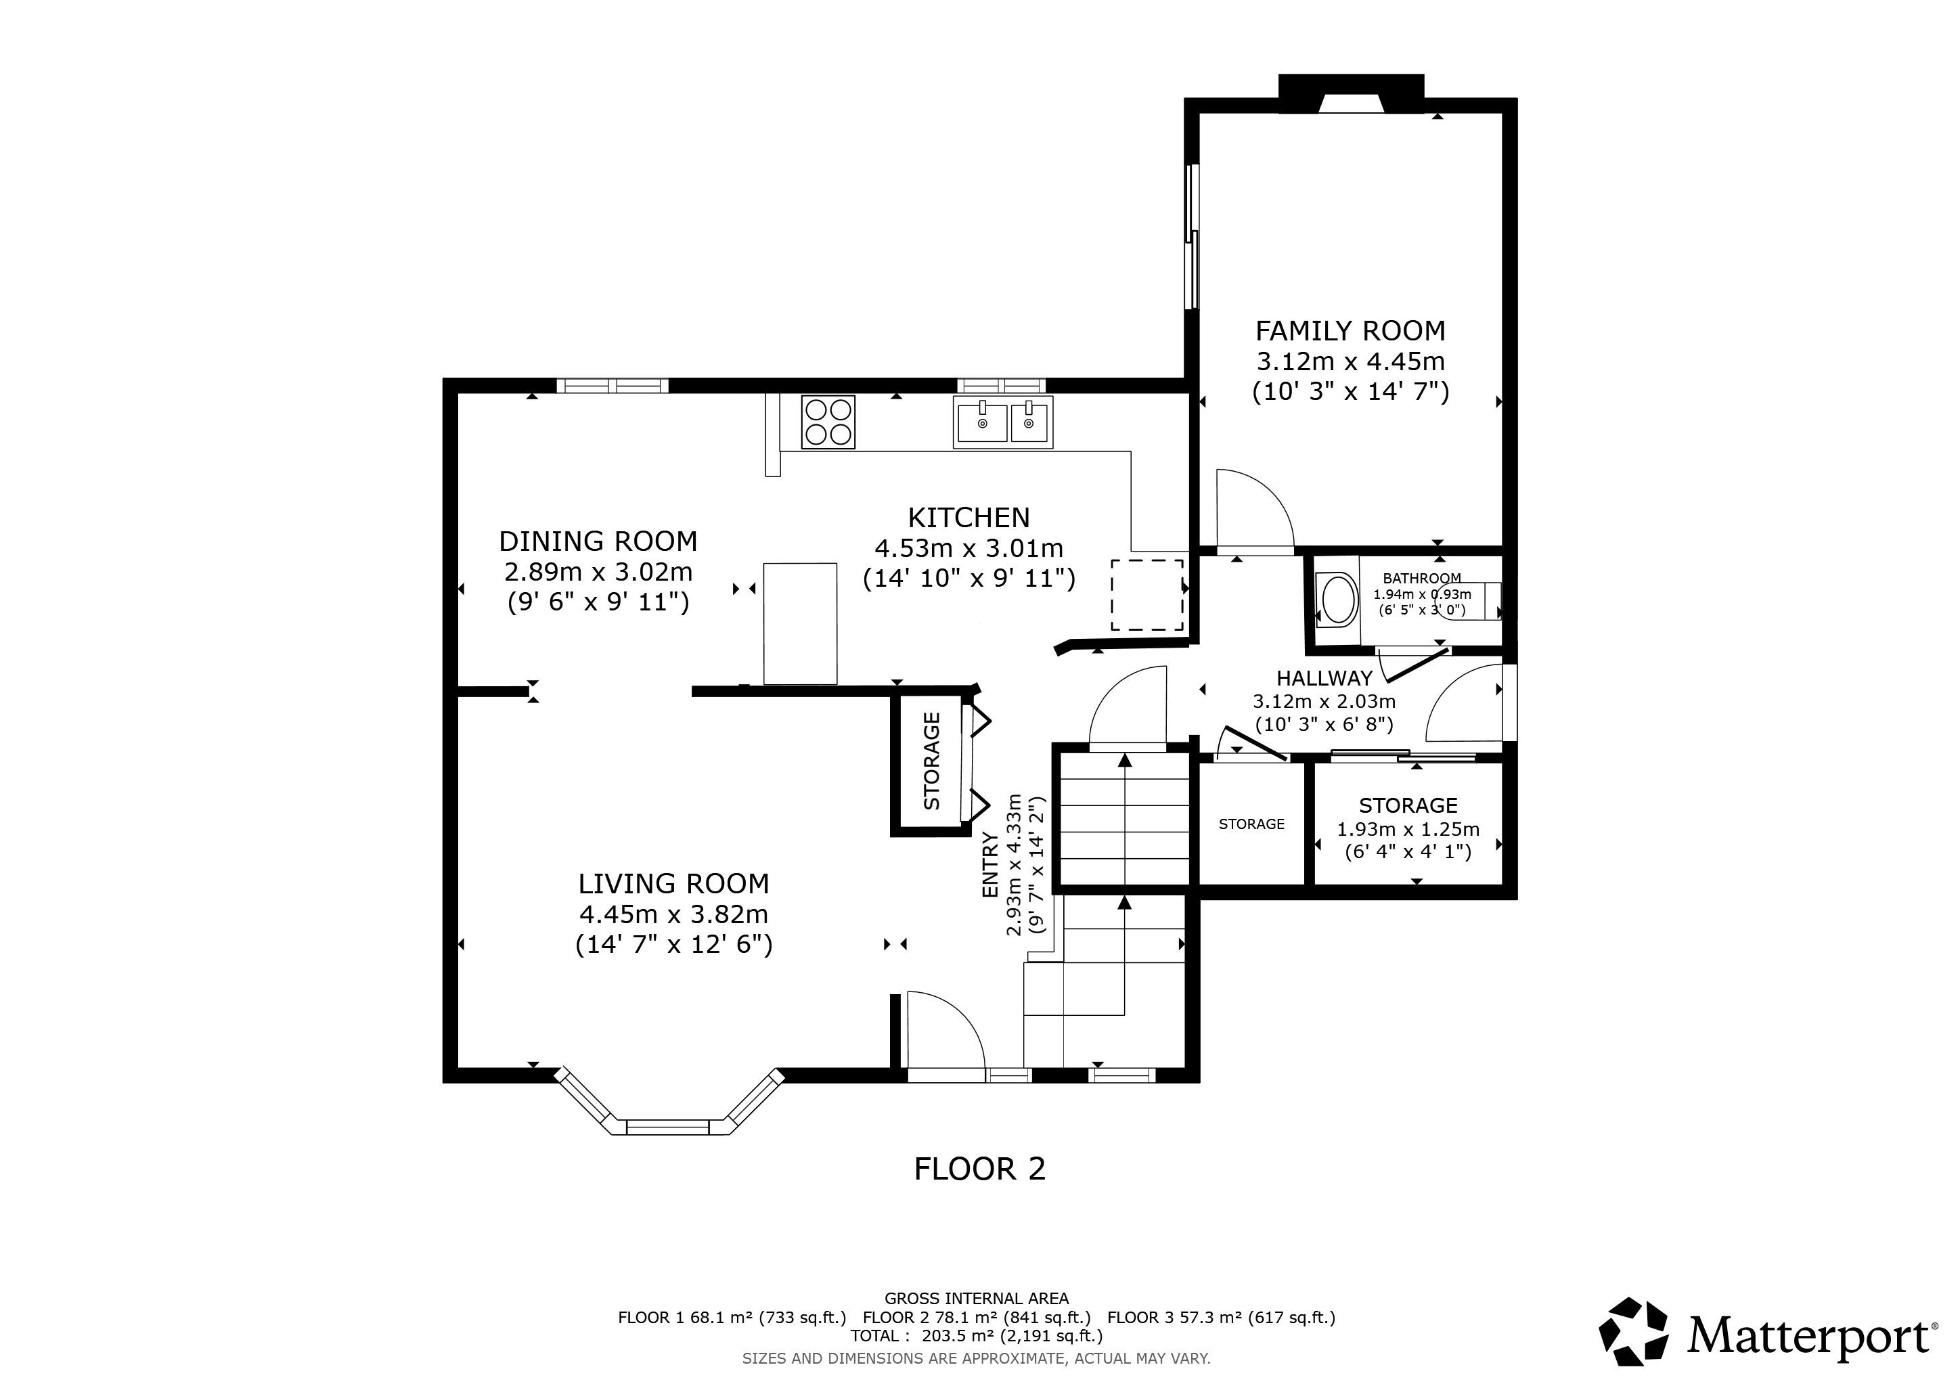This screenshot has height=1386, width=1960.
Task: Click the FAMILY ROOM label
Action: (x=1350, y=330)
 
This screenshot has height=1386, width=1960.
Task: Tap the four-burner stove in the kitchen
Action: (x=828, y=422)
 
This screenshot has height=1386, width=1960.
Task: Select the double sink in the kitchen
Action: (x=1003, y=422)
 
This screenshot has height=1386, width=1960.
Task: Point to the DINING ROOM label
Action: (x=598, y=541)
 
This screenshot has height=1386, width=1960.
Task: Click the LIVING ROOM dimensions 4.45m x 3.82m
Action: (x=673, y=914)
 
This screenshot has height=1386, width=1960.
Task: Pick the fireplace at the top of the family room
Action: (x=1352, y=95)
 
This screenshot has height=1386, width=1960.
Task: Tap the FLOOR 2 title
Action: (x=979, y=1168)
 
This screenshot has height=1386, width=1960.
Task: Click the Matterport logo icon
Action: (x=1633, y=1331)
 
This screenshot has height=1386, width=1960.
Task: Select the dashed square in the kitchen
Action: (x=1147, y=595)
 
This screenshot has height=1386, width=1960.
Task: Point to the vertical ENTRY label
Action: (x=990, y=864)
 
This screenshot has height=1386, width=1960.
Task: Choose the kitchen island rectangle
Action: (x=800, y=623)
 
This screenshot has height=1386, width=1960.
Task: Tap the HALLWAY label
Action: (x=1324, y=679)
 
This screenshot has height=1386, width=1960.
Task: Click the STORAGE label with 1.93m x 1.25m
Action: (x=1408, y=805)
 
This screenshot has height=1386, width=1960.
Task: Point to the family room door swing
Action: (x=1255, y=509)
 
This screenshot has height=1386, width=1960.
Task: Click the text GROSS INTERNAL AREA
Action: (x=977, y=1299)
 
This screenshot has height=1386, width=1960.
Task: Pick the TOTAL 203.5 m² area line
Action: (x=977, y=1336)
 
